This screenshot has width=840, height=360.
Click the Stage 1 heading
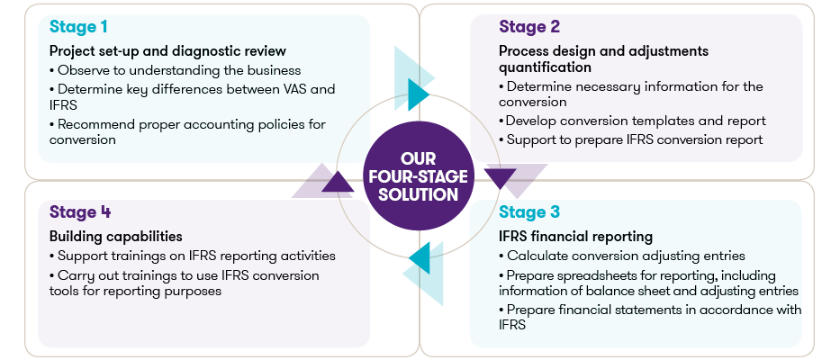(78, 26)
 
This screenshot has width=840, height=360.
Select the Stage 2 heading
(529, 26)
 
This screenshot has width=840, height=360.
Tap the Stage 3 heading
(529, 211)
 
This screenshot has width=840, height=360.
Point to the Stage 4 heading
(80, 211)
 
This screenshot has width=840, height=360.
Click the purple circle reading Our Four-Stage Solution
(419, 175)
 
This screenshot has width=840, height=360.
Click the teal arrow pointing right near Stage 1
(418, 94)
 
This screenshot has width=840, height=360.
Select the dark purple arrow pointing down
(500, 178)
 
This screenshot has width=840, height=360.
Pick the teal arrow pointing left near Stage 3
(420, 259)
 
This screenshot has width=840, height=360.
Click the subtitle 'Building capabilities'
(116, 236)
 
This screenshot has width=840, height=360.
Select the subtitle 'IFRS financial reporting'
(576, 236)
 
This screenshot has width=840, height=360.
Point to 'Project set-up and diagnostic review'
(167, 51)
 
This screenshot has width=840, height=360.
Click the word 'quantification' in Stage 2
(545, 67)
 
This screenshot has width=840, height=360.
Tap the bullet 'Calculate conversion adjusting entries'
(622, 256)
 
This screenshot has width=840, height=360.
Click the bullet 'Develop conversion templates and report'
(632, 121)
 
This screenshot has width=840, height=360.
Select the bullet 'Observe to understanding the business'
(176, 70)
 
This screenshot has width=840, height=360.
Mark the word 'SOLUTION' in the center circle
(419, 193)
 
